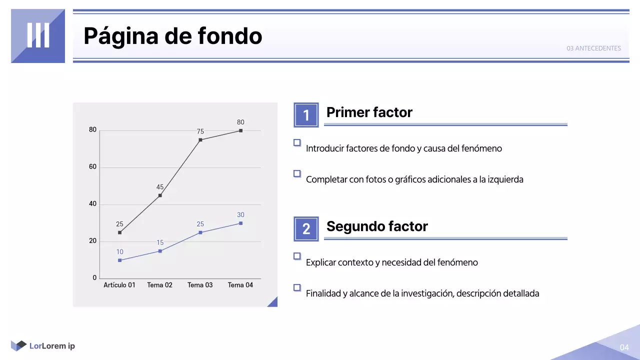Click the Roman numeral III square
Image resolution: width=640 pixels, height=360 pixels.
[x=38, y=36]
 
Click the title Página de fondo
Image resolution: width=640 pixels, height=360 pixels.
[x=172, y=36]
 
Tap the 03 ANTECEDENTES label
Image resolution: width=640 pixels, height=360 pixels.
[x=593, y=48]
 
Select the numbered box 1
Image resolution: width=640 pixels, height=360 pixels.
[x=306, y=115]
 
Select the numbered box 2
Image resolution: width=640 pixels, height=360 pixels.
[x=306, y=228]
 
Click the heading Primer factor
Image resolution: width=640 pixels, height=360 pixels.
[x=369, y=112]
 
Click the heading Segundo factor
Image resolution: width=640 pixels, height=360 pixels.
[x=377, y=226]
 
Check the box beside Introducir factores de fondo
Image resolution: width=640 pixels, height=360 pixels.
[x=297, y=142]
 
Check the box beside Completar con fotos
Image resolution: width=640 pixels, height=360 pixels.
[x=297, y=173]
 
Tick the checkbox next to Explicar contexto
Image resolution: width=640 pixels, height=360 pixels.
[x=297, y=256]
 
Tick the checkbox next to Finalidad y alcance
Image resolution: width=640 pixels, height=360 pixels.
[x=297, y=287]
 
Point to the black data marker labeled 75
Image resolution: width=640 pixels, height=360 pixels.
[x=200, y=140]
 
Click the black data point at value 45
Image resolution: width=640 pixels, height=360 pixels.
[x=160, y=195]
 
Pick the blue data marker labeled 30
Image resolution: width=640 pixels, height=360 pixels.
[x=240, y=223]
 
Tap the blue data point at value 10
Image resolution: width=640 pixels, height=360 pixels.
[x=119, y=260]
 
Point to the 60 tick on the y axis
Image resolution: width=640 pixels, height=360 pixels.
[x=92, y=167]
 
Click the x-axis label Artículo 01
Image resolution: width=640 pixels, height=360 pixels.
[x=119, y=285]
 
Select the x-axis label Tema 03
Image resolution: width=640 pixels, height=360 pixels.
[x=200, y=285]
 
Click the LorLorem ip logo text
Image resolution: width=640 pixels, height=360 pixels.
[x=52, y=346]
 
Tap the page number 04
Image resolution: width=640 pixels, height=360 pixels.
[x=624, y=347]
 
